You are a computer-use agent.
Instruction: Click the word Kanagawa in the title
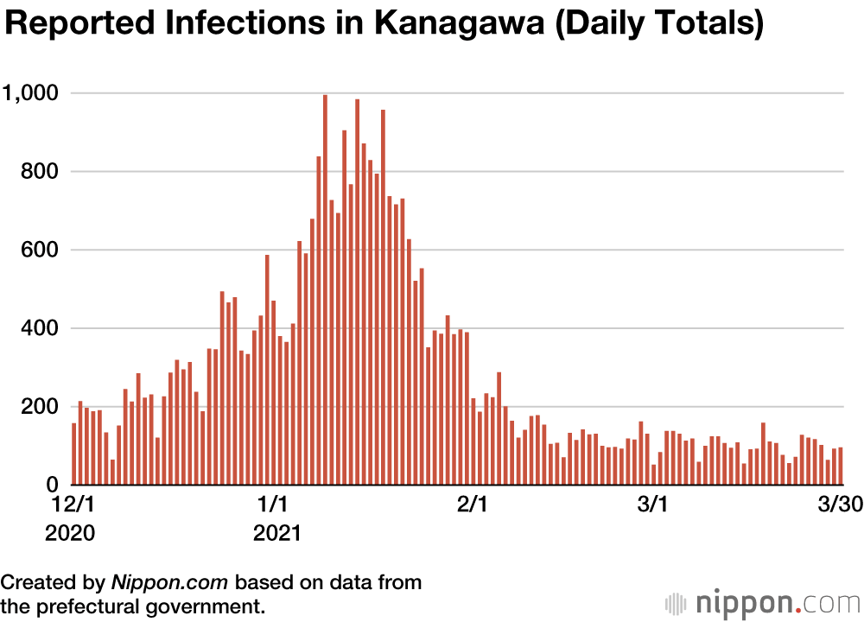coord(462,24)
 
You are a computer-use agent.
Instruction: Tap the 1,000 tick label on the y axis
coord(32,92)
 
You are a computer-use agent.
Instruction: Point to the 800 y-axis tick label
coord(41,171)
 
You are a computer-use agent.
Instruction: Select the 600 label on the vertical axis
coord(41,250)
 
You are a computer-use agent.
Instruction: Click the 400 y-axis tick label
coord(41,328)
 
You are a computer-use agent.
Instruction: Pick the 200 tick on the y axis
coord(41,407)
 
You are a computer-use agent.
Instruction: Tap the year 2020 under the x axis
coord(73,534)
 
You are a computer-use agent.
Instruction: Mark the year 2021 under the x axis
coord(276,534)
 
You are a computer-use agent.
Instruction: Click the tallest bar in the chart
coord(325,289)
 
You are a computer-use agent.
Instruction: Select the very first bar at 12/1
coord(74,454)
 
